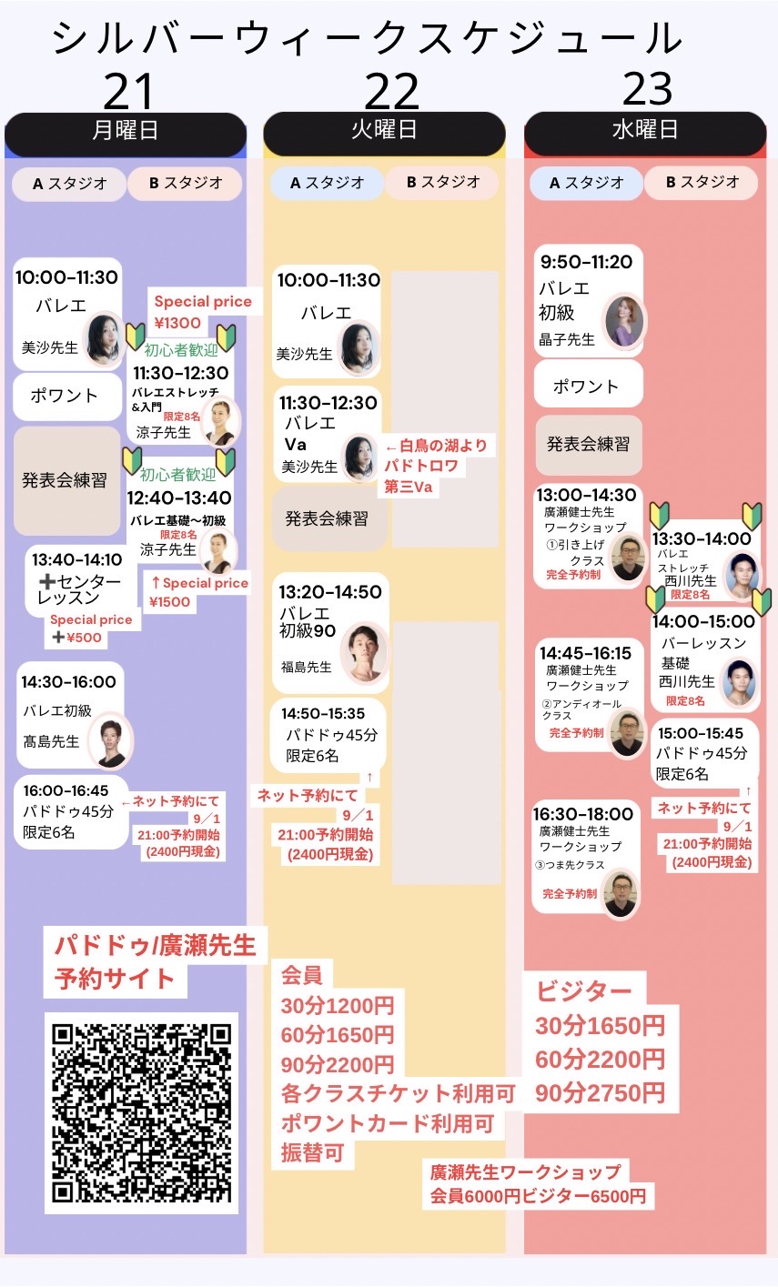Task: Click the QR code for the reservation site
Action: [141, 1113]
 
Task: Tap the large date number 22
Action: [391, 91]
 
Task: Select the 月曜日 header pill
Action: [126, 133]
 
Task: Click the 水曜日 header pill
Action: [645, 132]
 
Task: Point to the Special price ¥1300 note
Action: [203, 312]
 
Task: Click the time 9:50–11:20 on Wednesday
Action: [586, 262]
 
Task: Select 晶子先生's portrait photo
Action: [625, 322]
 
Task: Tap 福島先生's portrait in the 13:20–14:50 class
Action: [363, 652]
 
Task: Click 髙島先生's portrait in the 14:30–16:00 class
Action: [110, 740]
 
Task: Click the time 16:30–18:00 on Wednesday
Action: [582, 814]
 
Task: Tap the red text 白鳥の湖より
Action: [437, 446]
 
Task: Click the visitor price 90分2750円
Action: [600, 1092]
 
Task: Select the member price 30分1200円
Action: [338, 1005]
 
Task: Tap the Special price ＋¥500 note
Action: [91, 628]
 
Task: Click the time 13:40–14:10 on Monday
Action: [77, 559]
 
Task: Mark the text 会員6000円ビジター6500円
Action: [538, 1196]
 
